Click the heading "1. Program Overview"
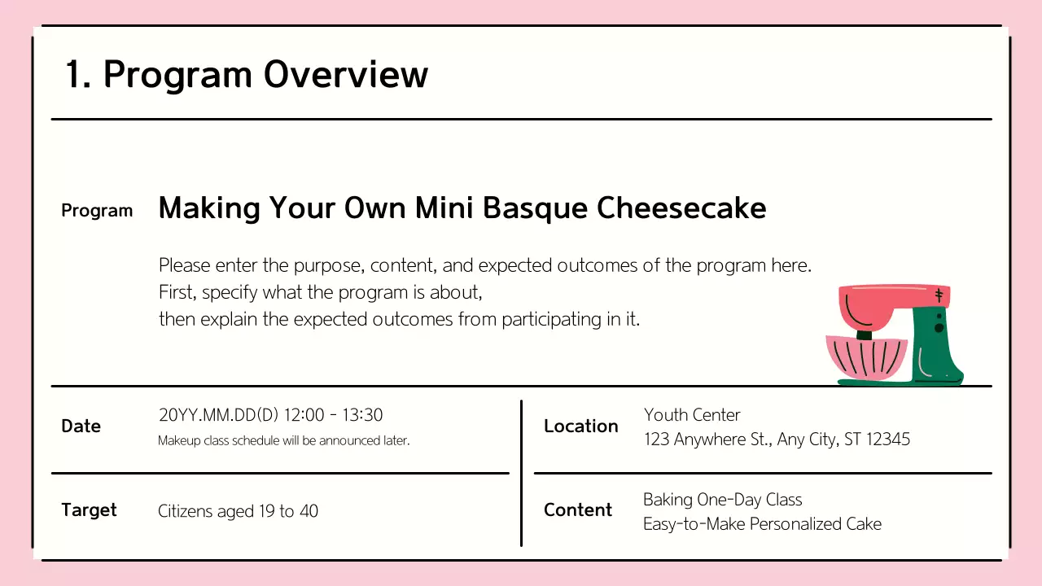point(246,75)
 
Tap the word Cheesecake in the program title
point(681,208)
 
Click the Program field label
point(97,211)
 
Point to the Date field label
point(81,426)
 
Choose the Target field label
point(89,510)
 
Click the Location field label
point(580,426)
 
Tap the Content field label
point(577,510)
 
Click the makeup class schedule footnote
point(283,441)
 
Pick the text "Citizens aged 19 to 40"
point(238,512)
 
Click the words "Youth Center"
point(692,415)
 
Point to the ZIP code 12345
point(888,439)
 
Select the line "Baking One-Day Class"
point(722,500)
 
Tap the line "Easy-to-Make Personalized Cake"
point(762,524)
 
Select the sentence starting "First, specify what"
point(320,292)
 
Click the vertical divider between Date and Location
point(521,472)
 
